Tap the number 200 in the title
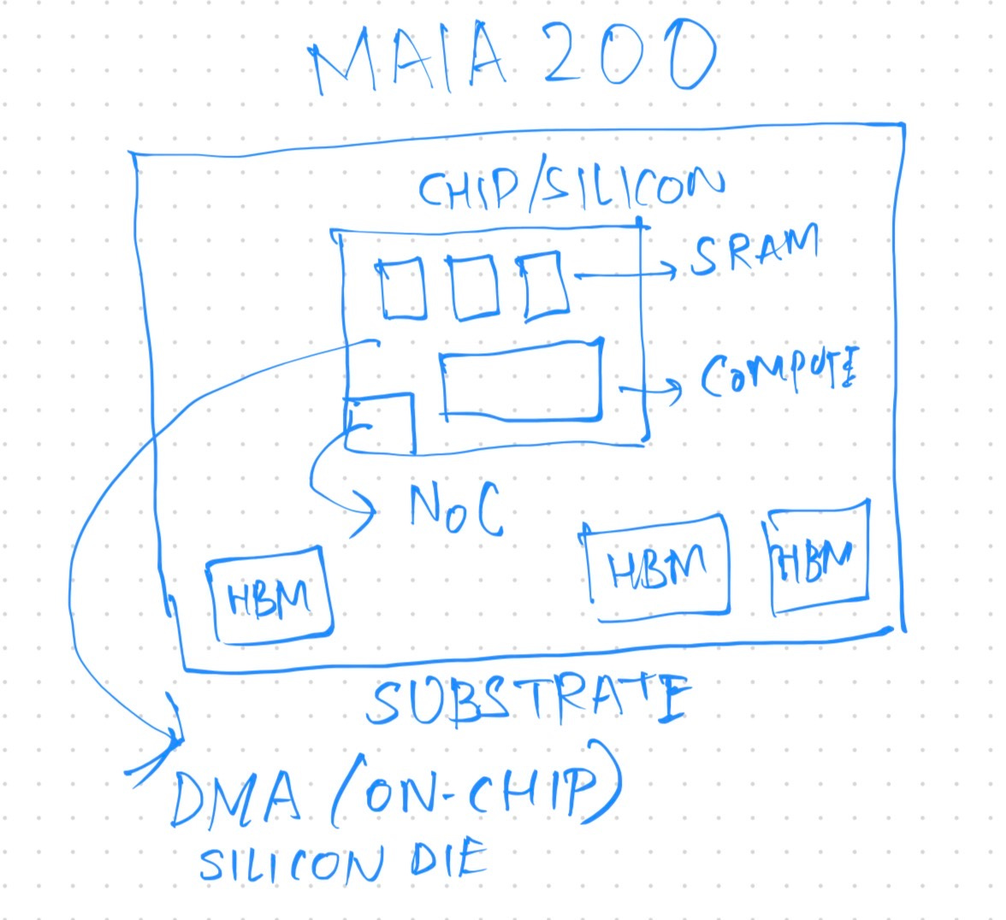click(629, 56)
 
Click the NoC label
click(454, 510)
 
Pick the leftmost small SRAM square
click(402, 289)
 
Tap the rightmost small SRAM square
click(545, 286)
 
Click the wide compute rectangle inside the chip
click(521, 380)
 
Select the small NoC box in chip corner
click(382, 422)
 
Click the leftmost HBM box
click(269, 594)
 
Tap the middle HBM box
click(657, 564)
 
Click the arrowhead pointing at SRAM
click(672, 272)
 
